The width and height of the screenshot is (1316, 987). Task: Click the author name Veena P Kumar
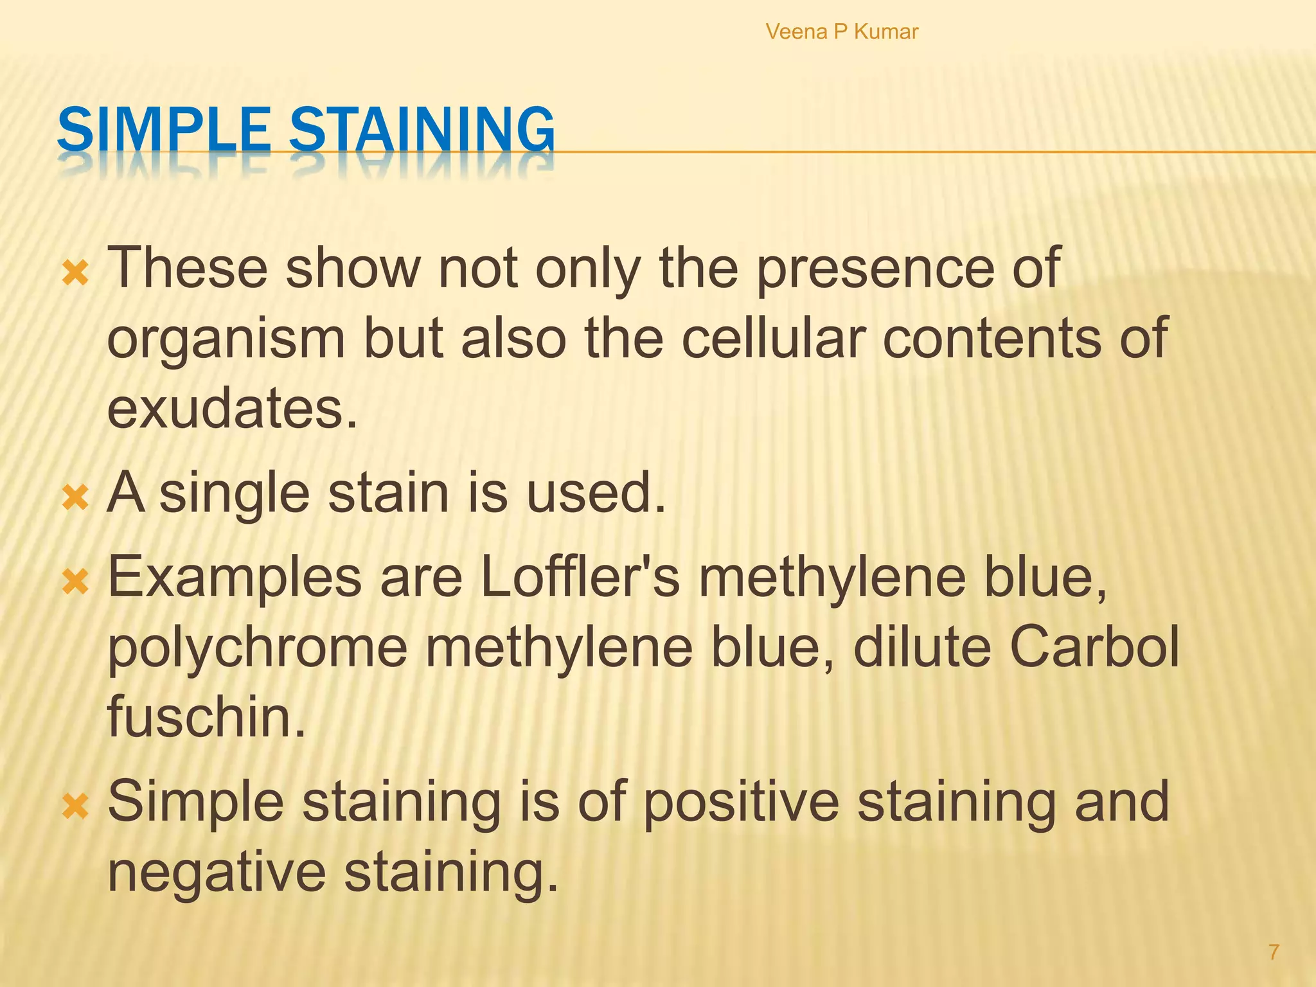[842, 31]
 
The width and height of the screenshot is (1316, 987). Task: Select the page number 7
[1273, 952]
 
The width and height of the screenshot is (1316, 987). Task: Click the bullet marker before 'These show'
[75, 275]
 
